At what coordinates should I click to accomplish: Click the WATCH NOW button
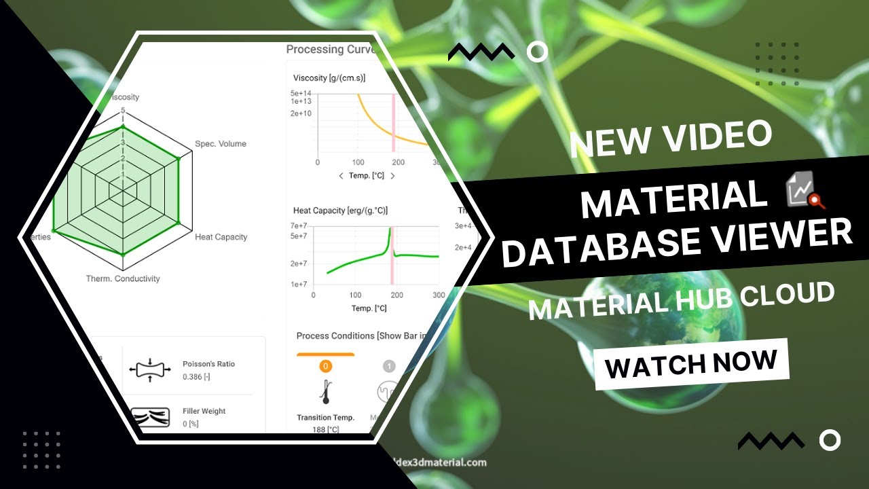point(691,364)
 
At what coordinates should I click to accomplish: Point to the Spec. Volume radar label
point(221,144)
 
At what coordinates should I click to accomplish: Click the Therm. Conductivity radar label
point(123,278)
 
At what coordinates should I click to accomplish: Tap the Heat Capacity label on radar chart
point(221,237)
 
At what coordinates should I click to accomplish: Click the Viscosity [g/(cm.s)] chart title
point(329,78)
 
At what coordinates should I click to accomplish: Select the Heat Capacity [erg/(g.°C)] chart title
point(340,211)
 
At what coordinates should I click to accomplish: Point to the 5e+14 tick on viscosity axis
point(301,93)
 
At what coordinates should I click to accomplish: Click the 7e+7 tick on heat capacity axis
point(299,225)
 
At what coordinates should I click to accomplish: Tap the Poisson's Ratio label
point(208,364)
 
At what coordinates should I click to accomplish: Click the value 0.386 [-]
point(196,376)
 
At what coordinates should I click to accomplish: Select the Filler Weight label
point(204,411)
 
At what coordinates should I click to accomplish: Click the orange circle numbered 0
point(325,366)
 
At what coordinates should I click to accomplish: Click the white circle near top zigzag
point(538,52)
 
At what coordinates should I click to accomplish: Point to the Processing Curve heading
point(326,50)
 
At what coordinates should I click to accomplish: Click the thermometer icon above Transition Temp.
point(325,392)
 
